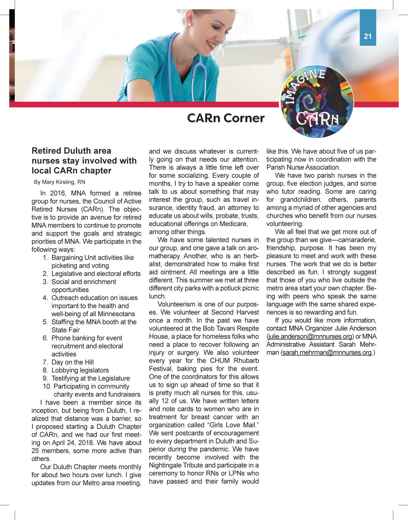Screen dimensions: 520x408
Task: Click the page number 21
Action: (x=368, y=36)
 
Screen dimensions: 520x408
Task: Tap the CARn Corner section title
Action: (x=226, y=118)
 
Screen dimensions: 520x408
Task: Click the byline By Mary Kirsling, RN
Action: (x=59, y=182)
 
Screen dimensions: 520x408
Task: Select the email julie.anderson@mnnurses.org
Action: (x=310, y=336)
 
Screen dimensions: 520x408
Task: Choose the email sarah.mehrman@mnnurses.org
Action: (x=327, y=352)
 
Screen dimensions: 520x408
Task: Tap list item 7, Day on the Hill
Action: (x=72, y=362)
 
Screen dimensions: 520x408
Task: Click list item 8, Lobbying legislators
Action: (x=80, y=370)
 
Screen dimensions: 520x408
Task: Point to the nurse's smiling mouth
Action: (x=212, y=46)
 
